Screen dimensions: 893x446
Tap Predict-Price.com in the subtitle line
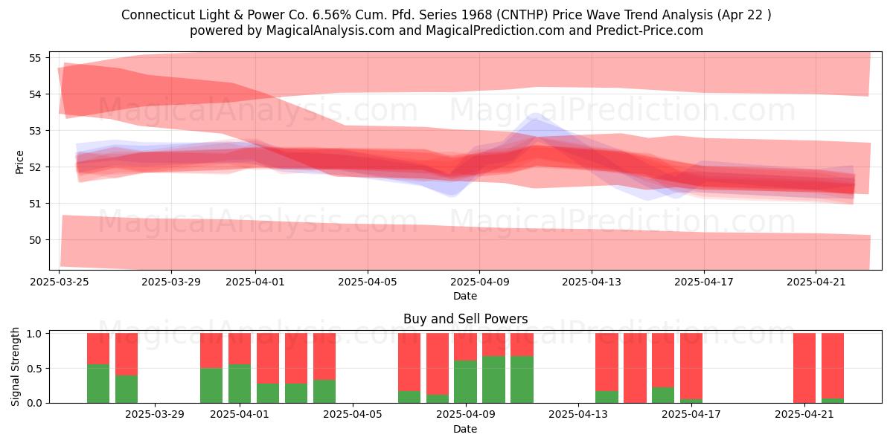click(650, 30)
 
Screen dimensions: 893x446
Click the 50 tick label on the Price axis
click(35, 240)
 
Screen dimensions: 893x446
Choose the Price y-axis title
click(19, 162)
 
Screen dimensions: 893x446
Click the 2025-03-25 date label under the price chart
click(60, 282)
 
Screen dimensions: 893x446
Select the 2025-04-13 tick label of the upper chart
click(592, 282)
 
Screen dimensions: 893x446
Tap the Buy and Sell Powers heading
click(465, 319)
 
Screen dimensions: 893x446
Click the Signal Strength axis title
click(15, 366)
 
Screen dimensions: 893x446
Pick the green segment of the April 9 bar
click(465, 381)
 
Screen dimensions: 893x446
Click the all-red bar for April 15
click(635, 368)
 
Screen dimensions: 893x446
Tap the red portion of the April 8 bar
click(438, 364)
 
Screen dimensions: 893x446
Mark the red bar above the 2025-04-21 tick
click(804, 368)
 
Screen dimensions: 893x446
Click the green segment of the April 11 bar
click(522, 380)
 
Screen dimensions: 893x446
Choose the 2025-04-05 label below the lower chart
click(353, 415)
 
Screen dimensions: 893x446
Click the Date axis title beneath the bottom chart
click(465, 429)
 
